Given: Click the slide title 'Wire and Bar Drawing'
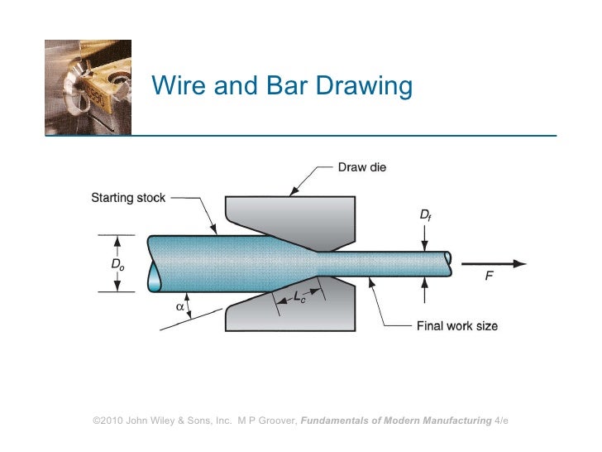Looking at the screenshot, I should [x=280, y=85].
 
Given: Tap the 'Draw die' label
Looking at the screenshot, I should [x=361, y=166].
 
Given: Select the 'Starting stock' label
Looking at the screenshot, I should [x=127, y=198].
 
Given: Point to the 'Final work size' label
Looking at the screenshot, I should [x=456, y=325].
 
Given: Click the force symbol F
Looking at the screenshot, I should [x=489, y=277].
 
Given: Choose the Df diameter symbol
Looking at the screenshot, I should [x=425, y=215].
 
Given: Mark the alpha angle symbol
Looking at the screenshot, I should [x=179, y=305].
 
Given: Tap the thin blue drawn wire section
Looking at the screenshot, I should [x=389, y=263].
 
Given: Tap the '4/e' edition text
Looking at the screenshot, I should [x=501, y=421].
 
